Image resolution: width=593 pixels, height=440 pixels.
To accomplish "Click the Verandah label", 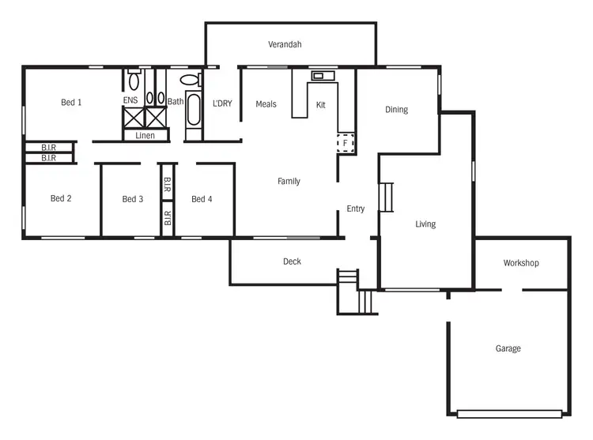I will (285, 45).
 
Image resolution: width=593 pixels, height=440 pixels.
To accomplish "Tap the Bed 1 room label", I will (72, 102).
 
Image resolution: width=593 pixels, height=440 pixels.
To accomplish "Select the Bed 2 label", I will (61, 198).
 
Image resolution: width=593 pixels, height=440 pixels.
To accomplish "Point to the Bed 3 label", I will (133, 199).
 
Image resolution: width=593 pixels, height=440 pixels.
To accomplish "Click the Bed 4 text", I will (202, 199).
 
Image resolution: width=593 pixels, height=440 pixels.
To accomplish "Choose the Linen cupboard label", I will (145, 136).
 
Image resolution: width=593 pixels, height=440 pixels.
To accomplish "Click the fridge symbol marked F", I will (346, 143).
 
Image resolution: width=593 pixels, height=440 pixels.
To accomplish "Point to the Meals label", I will (266, 104).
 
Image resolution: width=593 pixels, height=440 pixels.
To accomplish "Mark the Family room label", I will (289, 182).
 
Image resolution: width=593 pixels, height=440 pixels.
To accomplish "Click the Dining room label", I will (396, 110).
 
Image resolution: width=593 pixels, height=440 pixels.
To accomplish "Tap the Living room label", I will (425, 224).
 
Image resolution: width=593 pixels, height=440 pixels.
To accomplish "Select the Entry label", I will (356, 209).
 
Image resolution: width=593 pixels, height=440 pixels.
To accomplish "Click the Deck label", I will (292, 261).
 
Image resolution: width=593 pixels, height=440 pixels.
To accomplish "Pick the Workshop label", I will (521, 263).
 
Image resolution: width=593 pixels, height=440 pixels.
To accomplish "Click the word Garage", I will (508, 348).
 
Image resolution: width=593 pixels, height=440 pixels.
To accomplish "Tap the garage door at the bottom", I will (509, 413).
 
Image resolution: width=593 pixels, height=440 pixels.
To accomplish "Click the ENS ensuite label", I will (130, 100).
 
